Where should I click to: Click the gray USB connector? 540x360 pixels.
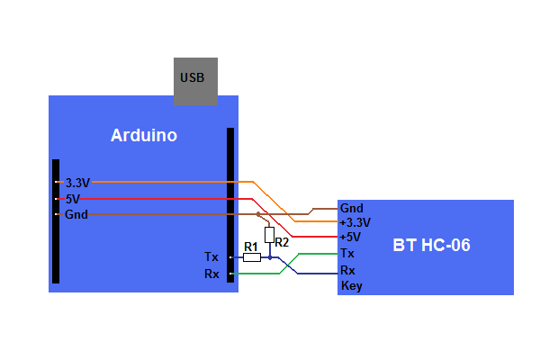[x=195, y=81]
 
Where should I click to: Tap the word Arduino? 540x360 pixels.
[x=144, y=135]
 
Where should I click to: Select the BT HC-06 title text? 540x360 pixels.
[x=431, y=245]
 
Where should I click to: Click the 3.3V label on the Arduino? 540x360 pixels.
[x=77, y=183]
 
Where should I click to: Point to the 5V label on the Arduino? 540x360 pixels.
[x=73, y=199]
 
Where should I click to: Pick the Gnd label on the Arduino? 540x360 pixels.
[x=76, y=214]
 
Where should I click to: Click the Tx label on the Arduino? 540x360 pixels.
[x=211, y=256]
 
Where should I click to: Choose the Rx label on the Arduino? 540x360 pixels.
[x=211, y=274]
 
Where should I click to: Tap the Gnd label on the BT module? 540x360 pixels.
[x=352, y=208]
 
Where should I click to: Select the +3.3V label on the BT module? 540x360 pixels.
[x=355, y=222]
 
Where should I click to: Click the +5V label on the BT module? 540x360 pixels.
[x=350, y=237]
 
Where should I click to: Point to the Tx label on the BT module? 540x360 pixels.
[x=347, y=253]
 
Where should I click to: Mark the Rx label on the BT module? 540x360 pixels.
[x=347, y=270]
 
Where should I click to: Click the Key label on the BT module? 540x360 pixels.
[x=352, y=286]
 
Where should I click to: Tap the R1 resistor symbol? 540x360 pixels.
[x=252, y=257]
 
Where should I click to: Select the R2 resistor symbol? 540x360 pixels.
[x=270, y=235]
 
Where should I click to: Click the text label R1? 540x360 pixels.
[x=251, y=247]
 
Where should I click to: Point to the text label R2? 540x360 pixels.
[x=282, y=242]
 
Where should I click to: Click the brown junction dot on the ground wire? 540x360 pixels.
[x=258, y=214]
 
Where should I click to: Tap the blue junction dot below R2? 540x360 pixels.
[x=270, y=257]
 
